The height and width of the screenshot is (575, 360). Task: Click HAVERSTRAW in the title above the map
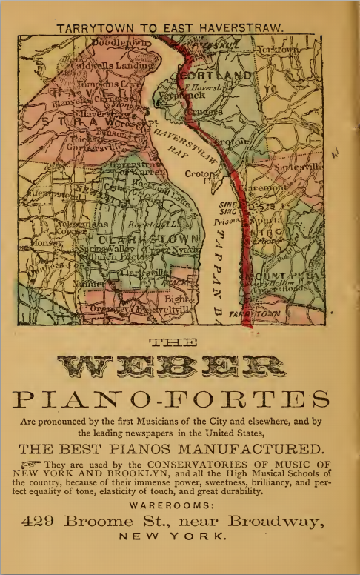[243, 28]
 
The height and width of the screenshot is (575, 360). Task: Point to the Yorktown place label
[278, 49]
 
